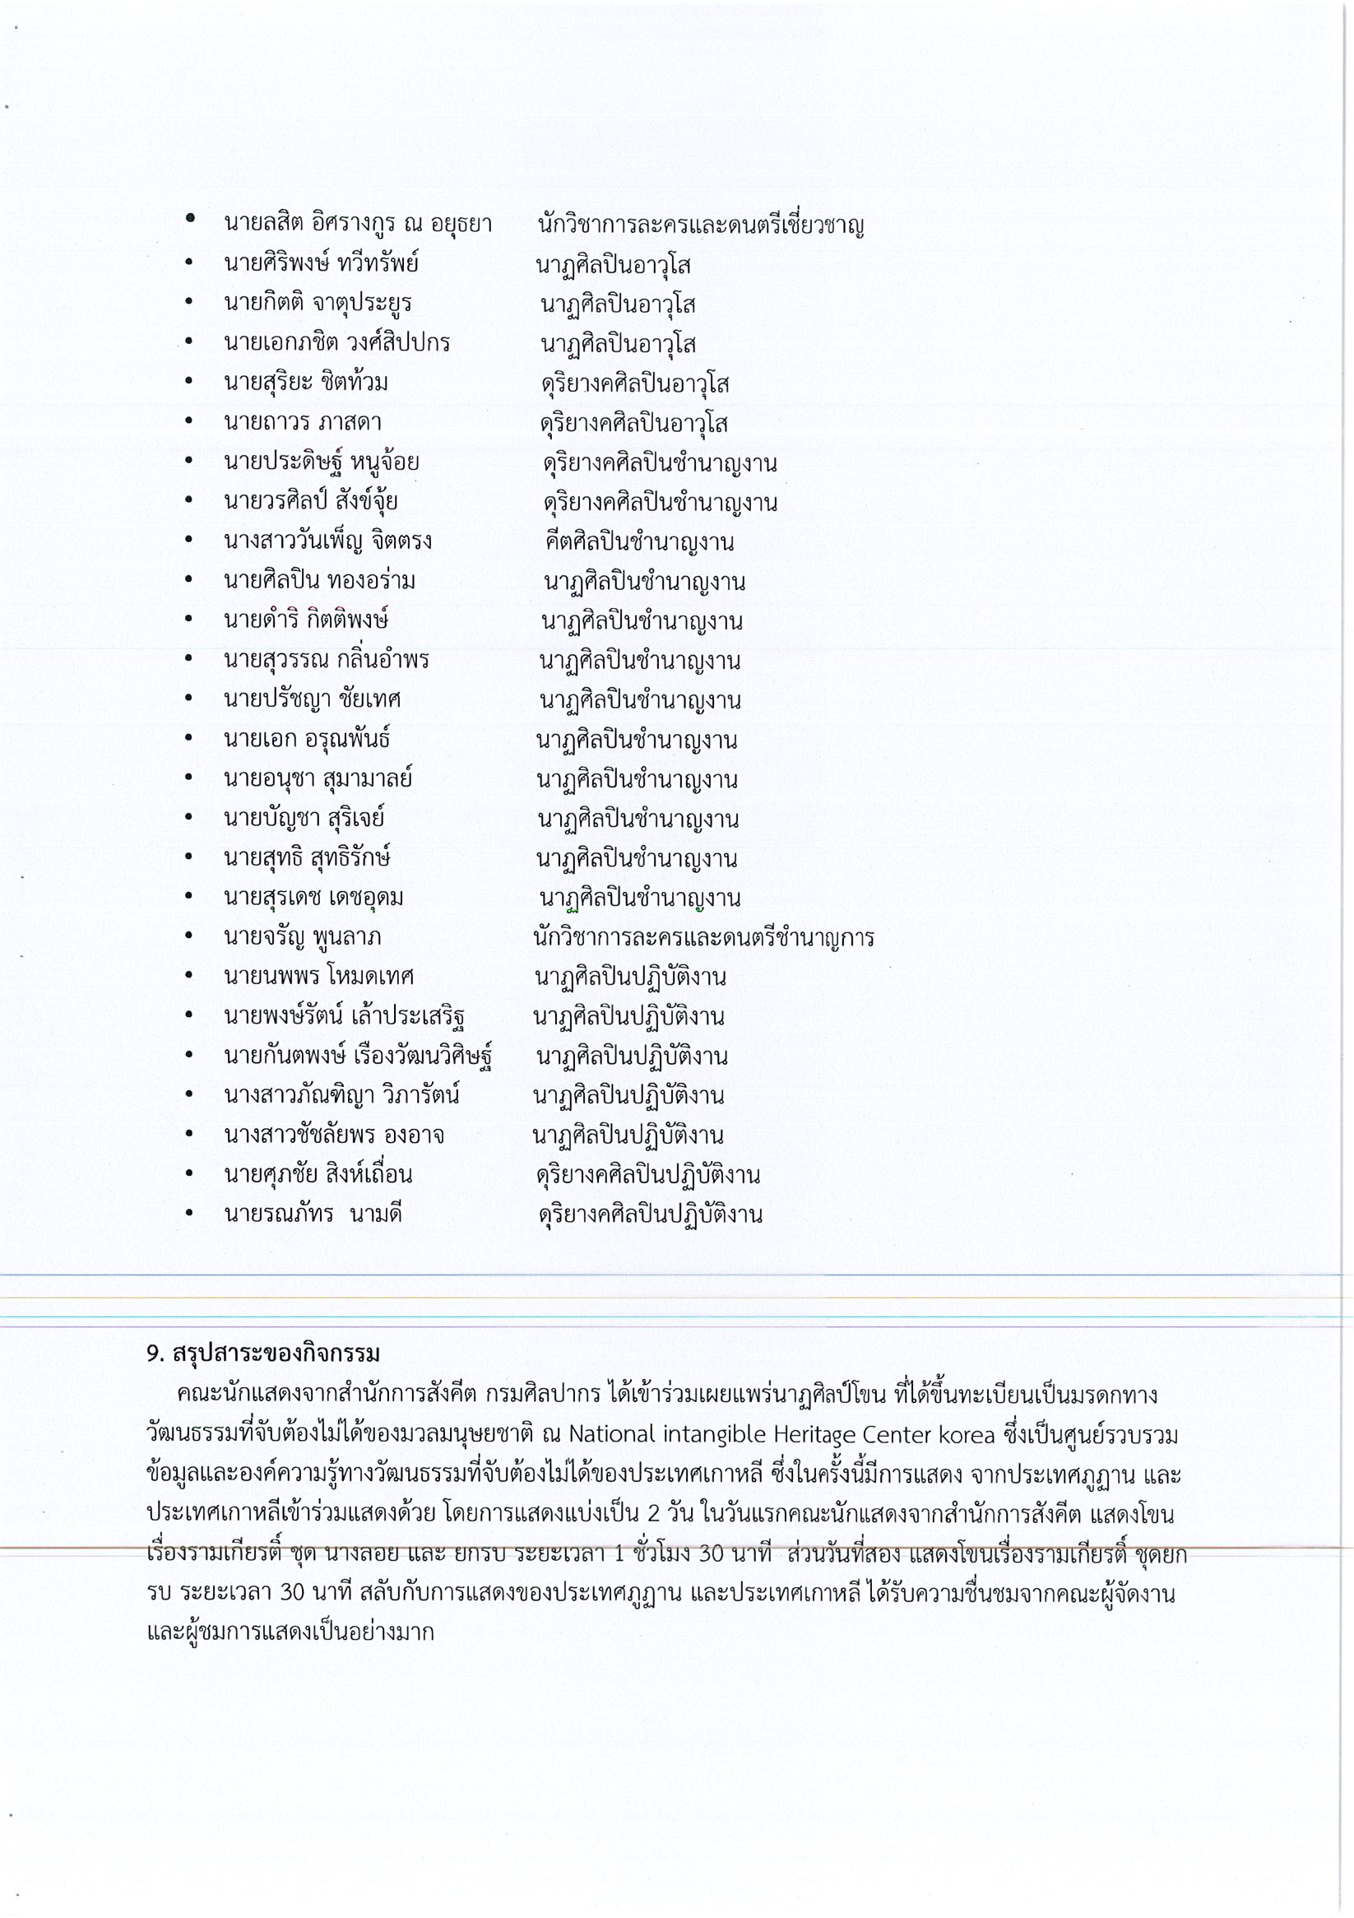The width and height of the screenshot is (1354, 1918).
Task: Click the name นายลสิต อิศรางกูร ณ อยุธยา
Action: [x=358, y=224]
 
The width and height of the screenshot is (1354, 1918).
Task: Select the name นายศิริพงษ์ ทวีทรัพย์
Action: [x=321, y=263]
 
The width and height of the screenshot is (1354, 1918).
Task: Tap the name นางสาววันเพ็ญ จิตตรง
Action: [x=327, y=541]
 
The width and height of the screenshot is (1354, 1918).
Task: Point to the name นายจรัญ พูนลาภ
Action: [x=303, y=937]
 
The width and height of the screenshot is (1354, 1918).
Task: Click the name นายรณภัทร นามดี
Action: [x=313, y=1214]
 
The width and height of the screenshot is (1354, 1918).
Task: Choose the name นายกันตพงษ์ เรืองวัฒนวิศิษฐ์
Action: [x=358, y=1056]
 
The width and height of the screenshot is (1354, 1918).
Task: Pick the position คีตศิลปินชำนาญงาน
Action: [x=639, y=542]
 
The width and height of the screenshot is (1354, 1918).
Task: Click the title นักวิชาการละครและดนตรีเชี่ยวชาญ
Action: [x=701, y=225]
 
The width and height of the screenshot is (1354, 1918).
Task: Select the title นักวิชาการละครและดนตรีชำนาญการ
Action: [x=703, y=937]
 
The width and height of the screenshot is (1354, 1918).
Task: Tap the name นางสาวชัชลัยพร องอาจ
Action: [x=333, y=1135]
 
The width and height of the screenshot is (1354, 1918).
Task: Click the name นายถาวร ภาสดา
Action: [x=303, y=423]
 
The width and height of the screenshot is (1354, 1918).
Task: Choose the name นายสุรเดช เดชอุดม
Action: [x=313, y=898]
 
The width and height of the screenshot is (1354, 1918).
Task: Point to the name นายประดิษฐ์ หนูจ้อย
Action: [x=321, y=462]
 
